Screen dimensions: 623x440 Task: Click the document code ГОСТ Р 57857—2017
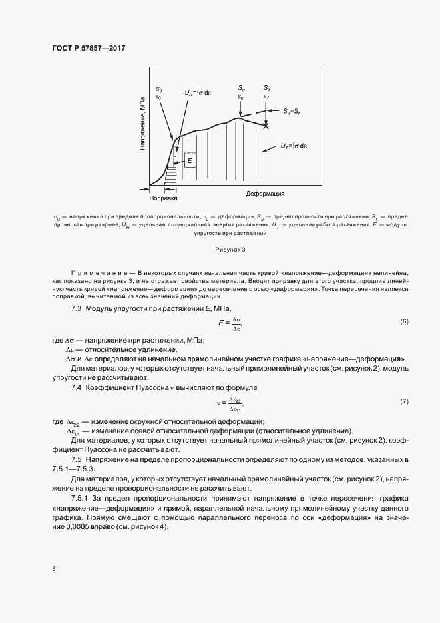[89, 49]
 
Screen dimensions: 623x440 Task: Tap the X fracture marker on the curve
[266, 125]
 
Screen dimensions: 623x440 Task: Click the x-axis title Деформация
[266, 194]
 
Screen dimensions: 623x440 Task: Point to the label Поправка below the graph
[163, 198]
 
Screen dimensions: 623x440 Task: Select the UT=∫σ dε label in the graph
[294, 145]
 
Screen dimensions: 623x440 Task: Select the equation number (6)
[404, 322]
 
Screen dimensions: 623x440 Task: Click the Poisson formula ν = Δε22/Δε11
[230, 403]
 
